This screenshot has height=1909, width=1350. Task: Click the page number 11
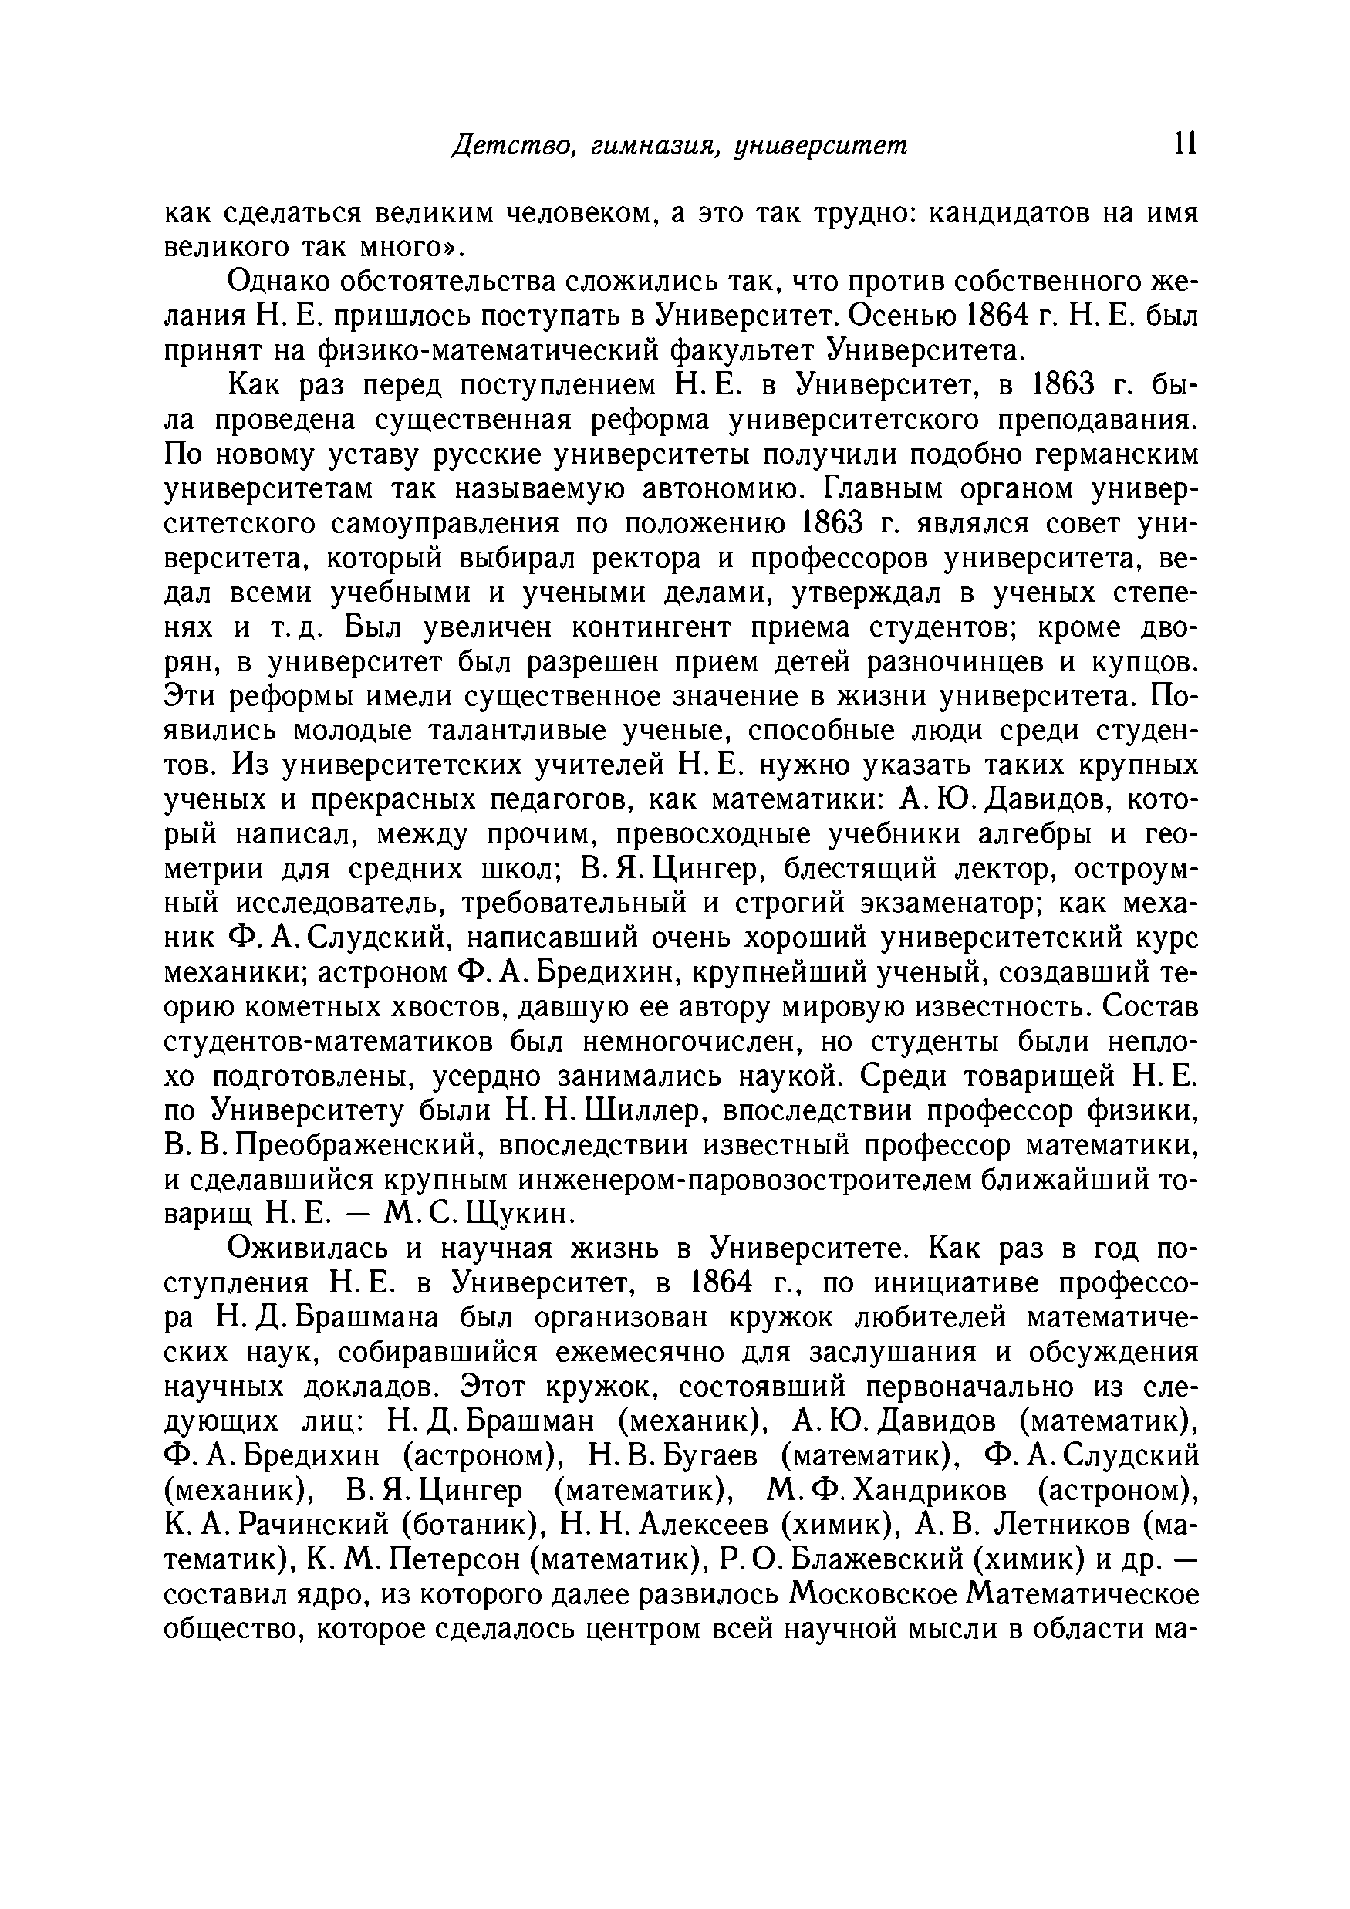pos(1185,144)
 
